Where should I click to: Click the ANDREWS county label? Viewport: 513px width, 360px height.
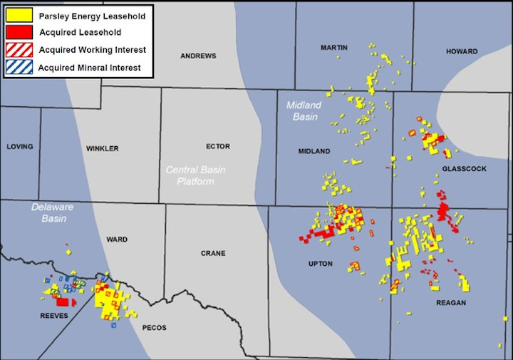197,56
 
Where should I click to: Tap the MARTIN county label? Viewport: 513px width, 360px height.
334,48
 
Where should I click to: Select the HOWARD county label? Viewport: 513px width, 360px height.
461,51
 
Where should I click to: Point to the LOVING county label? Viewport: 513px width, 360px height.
20,147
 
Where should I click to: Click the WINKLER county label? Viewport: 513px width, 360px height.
102,148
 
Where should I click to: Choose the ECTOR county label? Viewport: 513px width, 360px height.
218,147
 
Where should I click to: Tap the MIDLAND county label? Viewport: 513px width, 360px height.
314,151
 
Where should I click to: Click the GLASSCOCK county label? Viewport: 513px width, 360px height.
463,169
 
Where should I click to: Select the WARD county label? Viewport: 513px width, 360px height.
116,240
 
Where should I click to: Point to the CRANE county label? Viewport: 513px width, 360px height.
213,253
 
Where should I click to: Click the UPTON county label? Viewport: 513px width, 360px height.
321,264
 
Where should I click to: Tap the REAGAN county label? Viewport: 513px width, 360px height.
451,303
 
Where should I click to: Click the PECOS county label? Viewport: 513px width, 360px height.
154,328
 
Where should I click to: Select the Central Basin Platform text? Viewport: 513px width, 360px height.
190,175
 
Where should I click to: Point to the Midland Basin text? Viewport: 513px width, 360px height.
304,110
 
